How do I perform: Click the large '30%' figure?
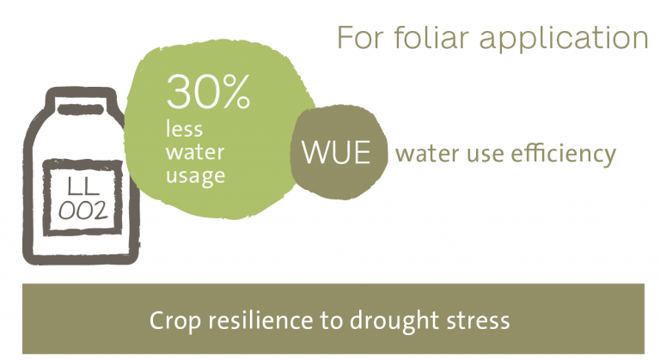[x=208, y=92]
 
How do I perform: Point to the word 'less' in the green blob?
[x=184, y=128]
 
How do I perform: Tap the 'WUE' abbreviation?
[x=336, y=152]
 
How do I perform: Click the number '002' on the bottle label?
[x=82, y=211]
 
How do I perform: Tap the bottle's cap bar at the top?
[x=81, y=110]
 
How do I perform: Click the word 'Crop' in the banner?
[x=175, y=321]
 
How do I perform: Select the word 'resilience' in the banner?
[x=261, y=320]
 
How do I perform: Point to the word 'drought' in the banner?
[x=394, y=320]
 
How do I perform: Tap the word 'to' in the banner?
[x=331, y=321]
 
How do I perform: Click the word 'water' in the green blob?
[x=195, y=152]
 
